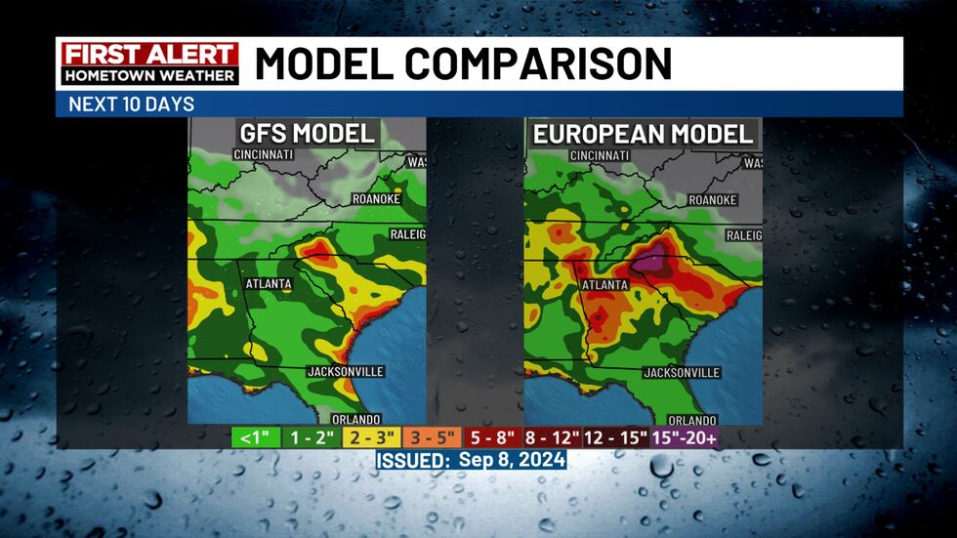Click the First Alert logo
click(149, 63)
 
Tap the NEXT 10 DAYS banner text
click(131, 104)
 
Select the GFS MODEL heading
click(307, 134)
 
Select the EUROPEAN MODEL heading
click(643, 134)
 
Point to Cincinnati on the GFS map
click(268, 154)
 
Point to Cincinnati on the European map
click(599, 154)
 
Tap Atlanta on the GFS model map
click(268, 284)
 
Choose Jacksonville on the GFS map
click(346, 371)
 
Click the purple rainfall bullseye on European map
click(649, 260)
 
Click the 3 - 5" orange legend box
click(433, 437)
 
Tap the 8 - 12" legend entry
click(553, 437)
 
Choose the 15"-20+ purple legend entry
click(686, 437)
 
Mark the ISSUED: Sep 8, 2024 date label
click(471, 459)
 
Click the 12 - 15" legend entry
click(618, 437)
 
